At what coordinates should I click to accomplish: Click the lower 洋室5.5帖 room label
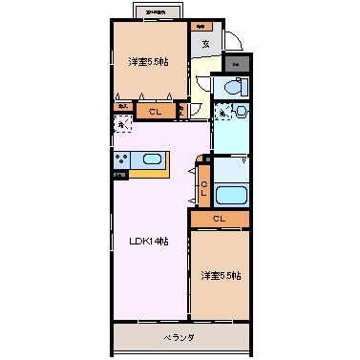(x=220, y=276)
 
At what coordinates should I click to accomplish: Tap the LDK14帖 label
(x=150, y=241)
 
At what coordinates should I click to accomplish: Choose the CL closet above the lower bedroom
(x=219, y=219)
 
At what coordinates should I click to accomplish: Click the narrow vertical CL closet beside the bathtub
(x=203, y=186)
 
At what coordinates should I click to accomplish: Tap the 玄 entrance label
(x=204, y=43)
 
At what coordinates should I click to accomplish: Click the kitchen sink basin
(x=153, y=159)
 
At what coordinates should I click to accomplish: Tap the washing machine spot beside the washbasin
(x=222, y=114)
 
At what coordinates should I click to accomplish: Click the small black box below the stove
(x=120, y=175)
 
